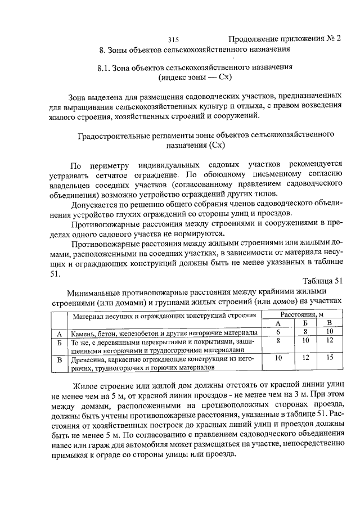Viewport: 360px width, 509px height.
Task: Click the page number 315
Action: [173, 40]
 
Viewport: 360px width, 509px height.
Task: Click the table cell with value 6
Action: [278, 332]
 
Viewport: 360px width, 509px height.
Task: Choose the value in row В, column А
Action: [278, 358]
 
